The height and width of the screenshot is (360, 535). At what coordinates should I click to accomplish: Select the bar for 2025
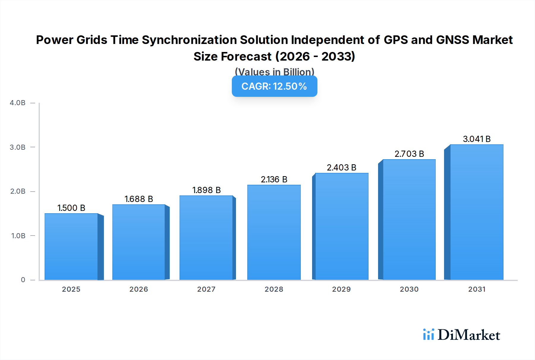pos(71,247)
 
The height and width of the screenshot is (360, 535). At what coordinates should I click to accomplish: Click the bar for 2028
pos(274,232)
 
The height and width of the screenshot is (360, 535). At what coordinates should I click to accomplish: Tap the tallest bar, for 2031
pos(476,212)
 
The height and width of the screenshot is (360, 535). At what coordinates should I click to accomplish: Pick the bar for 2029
pos(342,226)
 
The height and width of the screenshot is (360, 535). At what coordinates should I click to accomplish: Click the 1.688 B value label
pos(139,199)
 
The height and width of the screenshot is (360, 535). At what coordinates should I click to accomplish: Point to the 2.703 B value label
pos(409,154)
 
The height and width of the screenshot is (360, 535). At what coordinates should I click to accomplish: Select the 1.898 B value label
pos(206,190)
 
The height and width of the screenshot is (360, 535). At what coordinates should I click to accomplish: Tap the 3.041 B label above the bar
pos(476,139)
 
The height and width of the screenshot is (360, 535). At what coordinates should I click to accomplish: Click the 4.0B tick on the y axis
pos(18,103)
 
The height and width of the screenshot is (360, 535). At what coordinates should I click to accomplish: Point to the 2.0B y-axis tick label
pos(18,191)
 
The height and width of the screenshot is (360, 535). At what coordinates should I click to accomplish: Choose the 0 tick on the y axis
pos(23,280)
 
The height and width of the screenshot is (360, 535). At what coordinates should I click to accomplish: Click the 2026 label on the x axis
pos(139,289)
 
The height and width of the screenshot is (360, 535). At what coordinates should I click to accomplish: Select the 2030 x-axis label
pos(409,289)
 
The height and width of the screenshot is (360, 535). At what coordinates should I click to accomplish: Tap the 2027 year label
pos(206,289)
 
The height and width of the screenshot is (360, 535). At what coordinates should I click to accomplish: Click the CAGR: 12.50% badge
pos(274,86)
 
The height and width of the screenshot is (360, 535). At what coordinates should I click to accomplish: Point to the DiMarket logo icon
pos(428,334)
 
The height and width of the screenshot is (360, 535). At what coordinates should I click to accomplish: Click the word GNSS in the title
pos(452,40)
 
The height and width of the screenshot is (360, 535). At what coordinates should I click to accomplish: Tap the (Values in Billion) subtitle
pos(274,72)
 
